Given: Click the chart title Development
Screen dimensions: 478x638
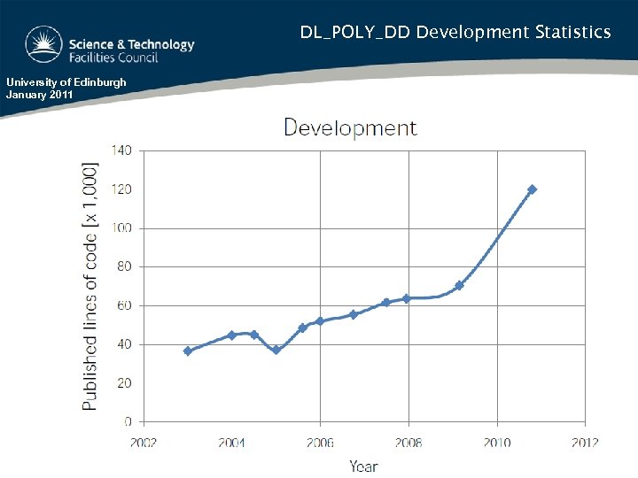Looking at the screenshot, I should [349, 127].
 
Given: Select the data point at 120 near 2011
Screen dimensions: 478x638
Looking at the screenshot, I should [532, 189].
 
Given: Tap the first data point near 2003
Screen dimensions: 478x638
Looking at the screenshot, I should [187, 351].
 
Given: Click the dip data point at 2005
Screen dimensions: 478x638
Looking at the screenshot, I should [276, 350].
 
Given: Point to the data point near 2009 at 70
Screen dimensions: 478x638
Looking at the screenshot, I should [459, 286].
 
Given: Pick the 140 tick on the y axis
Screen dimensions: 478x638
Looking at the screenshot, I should [121, 150].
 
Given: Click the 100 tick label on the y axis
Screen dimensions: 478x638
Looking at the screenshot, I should [121, 228].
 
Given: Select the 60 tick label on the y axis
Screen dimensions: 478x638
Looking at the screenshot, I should [123, 305].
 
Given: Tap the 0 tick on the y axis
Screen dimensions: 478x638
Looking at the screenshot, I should [128, 422].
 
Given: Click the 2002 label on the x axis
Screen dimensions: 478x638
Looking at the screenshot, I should [144, 443].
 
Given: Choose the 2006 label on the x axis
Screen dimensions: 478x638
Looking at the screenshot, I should [320, 443].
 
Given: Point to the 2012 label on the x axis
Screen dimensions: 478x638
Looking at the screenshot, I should [584, 443].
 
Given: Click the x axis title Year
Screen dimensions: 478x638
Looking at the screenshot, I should [363, 466].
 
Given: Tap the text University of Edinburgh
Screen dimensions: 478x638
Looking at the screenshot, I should [66, 82].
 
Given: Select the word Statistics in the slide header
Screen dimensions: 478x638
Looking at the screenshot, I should [572, 33].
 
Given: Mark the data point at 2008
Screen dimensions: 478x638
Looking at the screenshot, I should [407, 298].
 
